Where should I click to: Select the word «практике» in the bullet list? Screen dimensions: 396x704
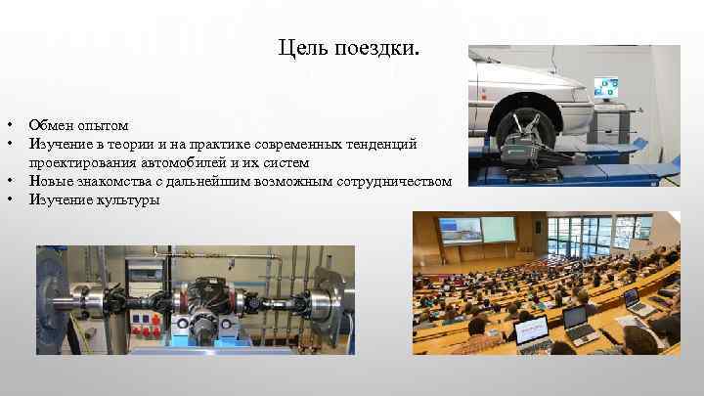[211, 144]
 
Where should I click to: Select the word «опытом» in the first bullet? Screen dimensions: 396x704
[104, 126]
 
